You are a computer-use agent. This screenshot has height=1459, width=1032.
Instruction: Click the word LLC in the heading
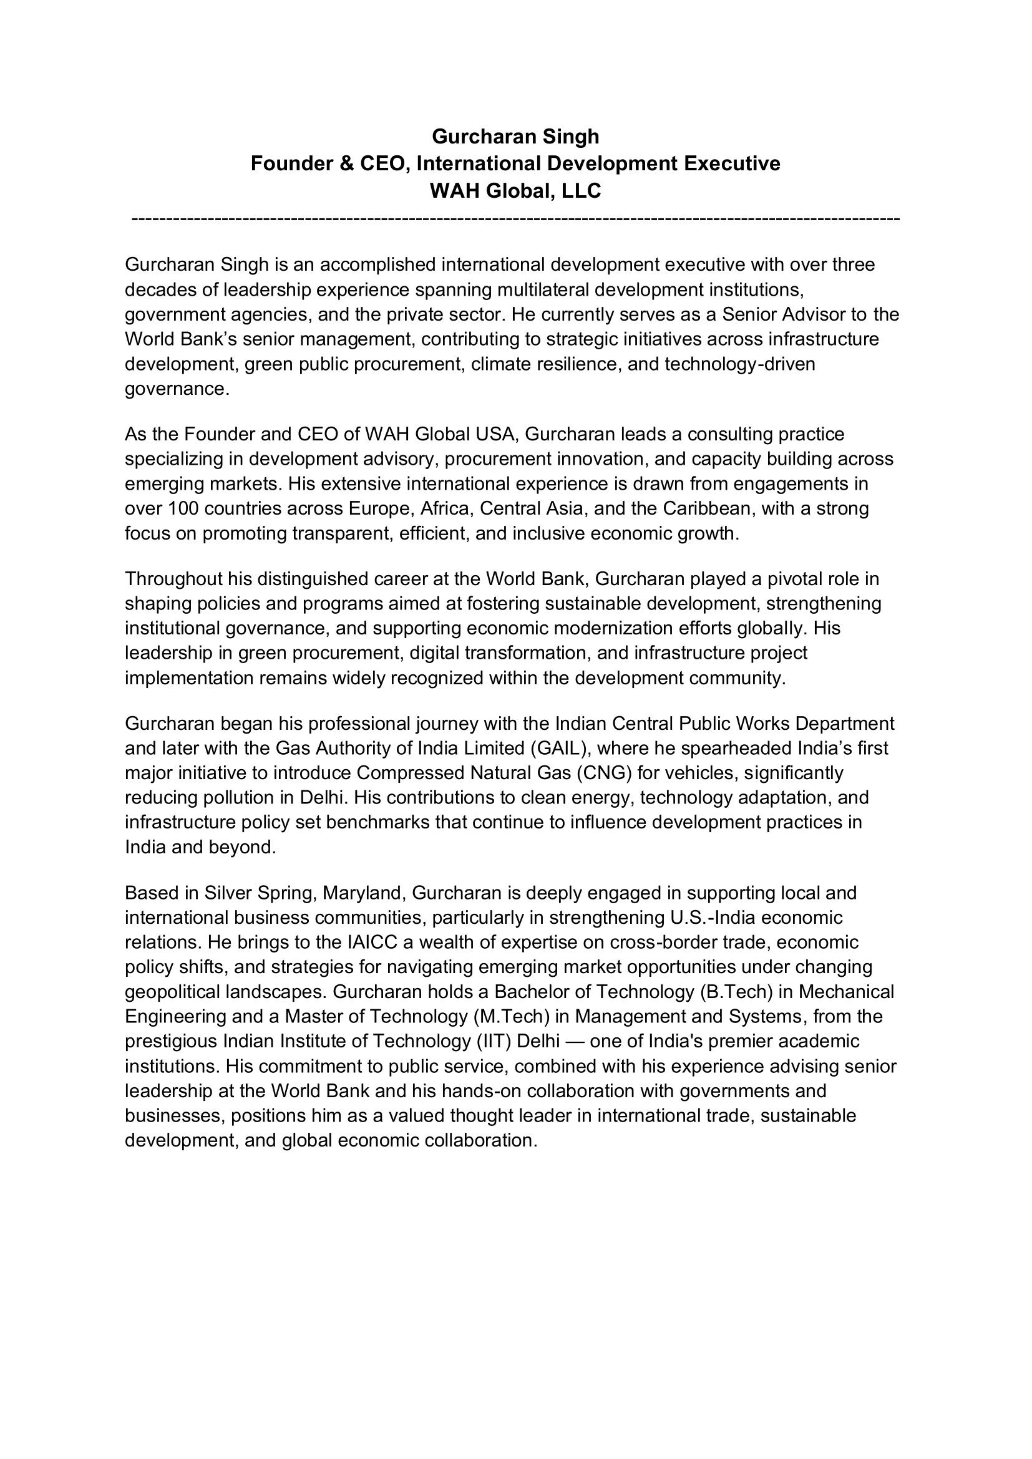tap(581, 191)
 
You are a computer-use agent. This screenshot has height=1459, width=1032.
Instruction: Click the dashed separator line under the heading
tap(515, 219)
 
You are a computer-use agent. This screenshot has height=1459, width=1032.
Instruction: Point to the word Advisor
tap(824, 314)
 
